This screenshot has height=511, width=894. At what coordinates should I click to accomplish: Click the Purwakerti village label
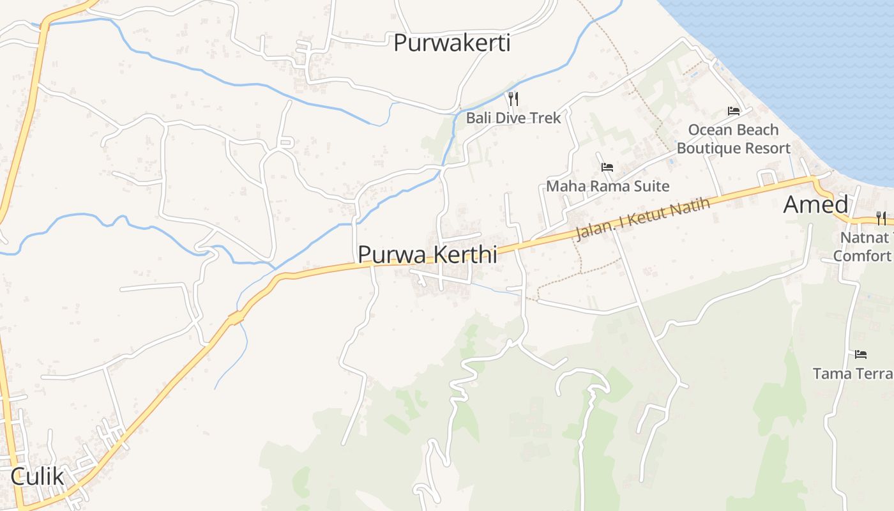451,43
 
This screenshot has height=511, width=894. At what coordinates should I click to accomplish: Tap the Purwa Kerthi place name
427,254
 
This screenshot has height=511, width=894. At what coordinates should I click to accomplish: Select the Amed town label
815,204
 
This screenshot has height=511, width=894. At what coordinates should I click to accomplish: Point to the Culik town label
38,477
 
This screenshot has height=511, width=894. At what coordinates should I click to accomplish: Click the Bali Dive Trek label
513,118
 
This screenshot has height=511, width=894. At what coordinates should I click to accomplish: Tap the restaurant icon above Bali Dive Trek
513,98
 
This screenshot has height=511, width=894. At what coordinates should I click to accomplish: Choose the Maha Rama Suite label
607,186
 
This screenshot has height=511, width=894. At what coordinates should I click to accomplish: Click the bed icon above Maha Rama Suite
607,167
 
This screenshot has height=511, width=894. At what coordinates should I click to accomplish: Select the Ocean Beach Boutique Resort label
733,139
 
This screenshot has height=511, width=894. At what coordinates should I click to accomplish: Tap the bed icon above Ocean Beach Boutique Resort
734,111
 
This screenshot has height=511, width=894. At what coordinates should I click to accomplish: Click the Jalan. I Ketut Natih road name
642,220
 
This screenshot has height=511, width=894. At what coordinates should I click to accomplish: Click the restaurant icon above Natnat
881,218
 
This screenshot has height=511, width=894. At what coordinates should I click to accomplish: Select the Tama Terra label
853,373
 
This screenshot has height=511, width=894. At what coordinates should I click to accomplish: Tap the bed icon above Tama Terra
861,354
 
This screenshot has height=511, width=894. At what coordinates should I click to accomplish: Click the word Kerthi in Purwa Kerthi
466,254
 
